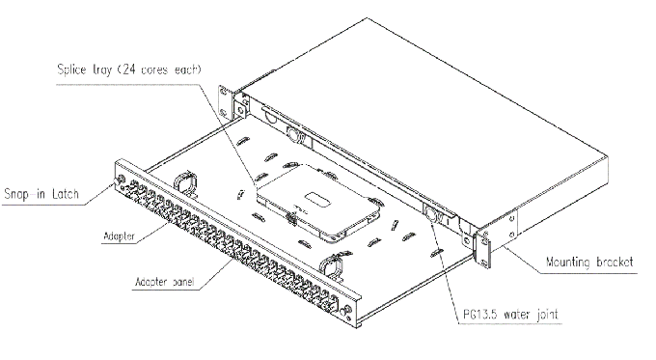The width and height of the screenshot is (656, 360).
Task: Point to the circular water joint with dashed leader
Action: pyautogui.click(x=431, y=217)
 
